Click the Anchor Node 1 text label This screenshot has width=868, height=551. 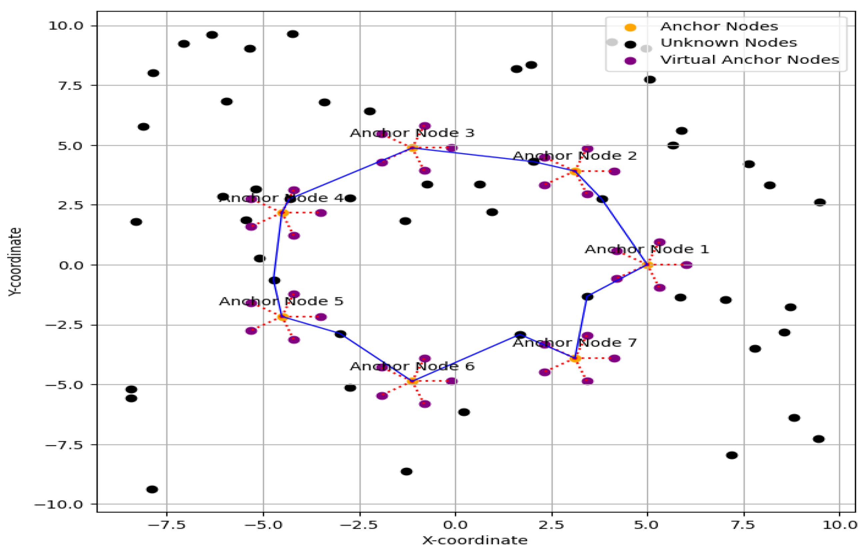click(x=646, y=249)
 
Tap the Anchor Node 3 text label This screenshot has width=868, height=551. click(x=412, y=133)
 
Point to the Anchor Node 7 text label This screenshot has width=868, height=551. click(x=575, y=343)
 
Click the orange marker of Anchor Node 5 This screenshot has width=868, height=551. click(x=283, y=317)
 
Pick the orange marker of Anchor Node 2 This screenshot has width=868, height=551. click(x=575, y=172)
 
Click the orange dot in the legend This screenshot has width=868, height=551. click(x=630, y=27)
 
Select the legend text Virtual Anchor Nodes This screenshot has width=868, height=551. click(x=749, y=60)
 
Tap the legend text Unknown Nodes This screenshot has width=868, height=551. click(x=728, y=43)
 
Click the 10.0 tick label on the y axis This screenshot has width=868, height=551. click(x=66, y=26)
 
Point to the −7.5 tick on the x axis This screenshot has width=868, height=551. click(x=167, y=525)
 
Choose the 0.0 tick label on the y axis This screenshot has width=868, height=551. click(x=71, y=266)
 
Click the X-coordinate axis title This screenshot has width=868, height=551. click(x=475, y=541)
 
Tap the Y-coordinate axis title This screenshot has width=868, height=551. click(x=15, y=262)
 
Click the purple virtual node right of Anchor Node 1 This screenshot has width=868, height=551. click(x=686, y=265)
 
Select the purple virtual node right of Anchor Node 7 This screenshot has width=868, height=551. click(x=614, y=358)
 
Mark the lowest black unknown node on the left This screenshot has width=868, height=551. click(x=152, y=490)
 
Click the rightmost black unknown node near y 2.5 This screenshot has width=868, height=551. click(x=820, y=203)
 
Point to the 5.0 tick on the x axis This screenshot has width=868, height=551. click(x=647, y=525)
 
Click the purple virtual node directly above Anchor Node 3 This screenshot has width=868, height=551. click(x=425, y=126)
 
